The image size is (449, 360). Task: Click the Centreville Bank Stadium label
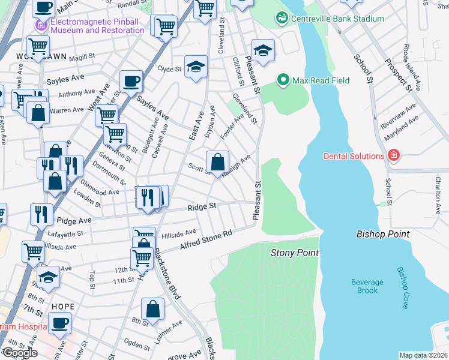[338, 19]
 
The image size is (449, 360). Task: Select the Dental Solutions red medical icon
[393, 156]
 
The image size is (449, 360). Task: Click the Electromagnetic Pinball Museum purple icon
[41, 25]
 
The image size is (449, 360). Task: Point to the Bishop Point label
[383, 234]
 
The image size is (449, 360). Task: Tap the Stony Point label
[294, 253]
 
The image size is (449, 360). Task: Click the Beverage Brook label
[367, 286]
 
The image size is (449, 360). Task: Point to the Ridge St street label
[202, 206]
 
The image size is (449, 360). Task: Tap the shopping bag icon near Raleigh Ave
[217, 161]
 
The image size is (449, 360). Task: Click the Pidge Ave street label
[74, 221]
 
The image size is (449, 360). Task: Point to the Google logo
[20, 353]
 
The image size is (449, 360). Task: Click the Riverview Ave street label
[399, 115]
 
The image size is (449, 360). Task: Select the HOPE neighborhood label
[63, 306]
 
